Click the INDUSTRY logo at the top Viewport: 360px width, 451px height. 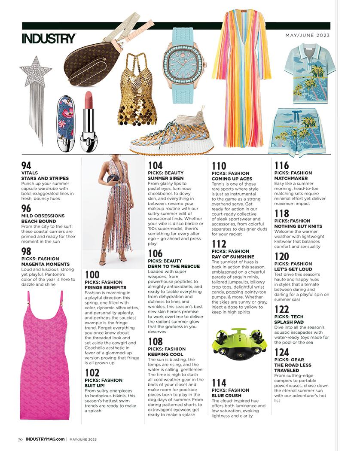(49, 38)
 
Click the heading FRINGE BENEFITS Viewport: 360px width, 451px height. (106, 287)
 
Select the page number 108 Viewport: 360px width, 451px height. (156, 342)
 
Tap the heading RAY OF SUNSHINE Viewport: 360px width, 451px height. (233, 257)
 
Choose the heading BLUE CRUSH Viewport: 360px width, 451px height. (226, 396)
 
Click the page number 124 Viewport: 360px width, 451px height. (282, 353)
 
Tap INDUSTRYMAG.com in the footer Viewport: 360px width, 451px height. (45, 439)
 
